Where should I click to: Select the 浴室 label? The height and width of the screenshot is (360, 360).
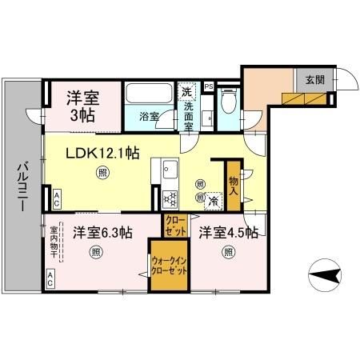pyautogui.click(x=150, y=115)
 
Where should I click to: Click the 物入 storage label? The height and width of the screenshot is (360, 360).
pyautogui.click(x=233, y=188)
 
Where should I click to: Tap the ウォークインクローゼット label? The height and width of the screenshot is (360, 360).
pyautogui.click(x=169, y=266)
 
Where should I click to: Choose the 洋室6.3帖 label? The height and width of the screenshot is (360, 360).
pyautogui.click(x=102, y=233)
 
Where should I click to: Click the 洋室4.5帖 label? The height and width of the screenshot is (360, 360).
pyautogui.click(x=228, y=233)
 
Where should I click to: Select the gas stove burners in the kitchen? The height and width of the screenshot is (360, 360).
pyautogui.click(x=170, y=198)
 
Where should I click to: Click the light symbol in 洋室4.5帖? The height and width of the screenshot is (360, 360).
pyautogui.click(x=228, y=253)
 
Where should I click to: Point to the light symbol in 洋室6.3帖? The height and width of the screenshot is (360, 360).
pyautogui.click(x=95, y=253)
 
